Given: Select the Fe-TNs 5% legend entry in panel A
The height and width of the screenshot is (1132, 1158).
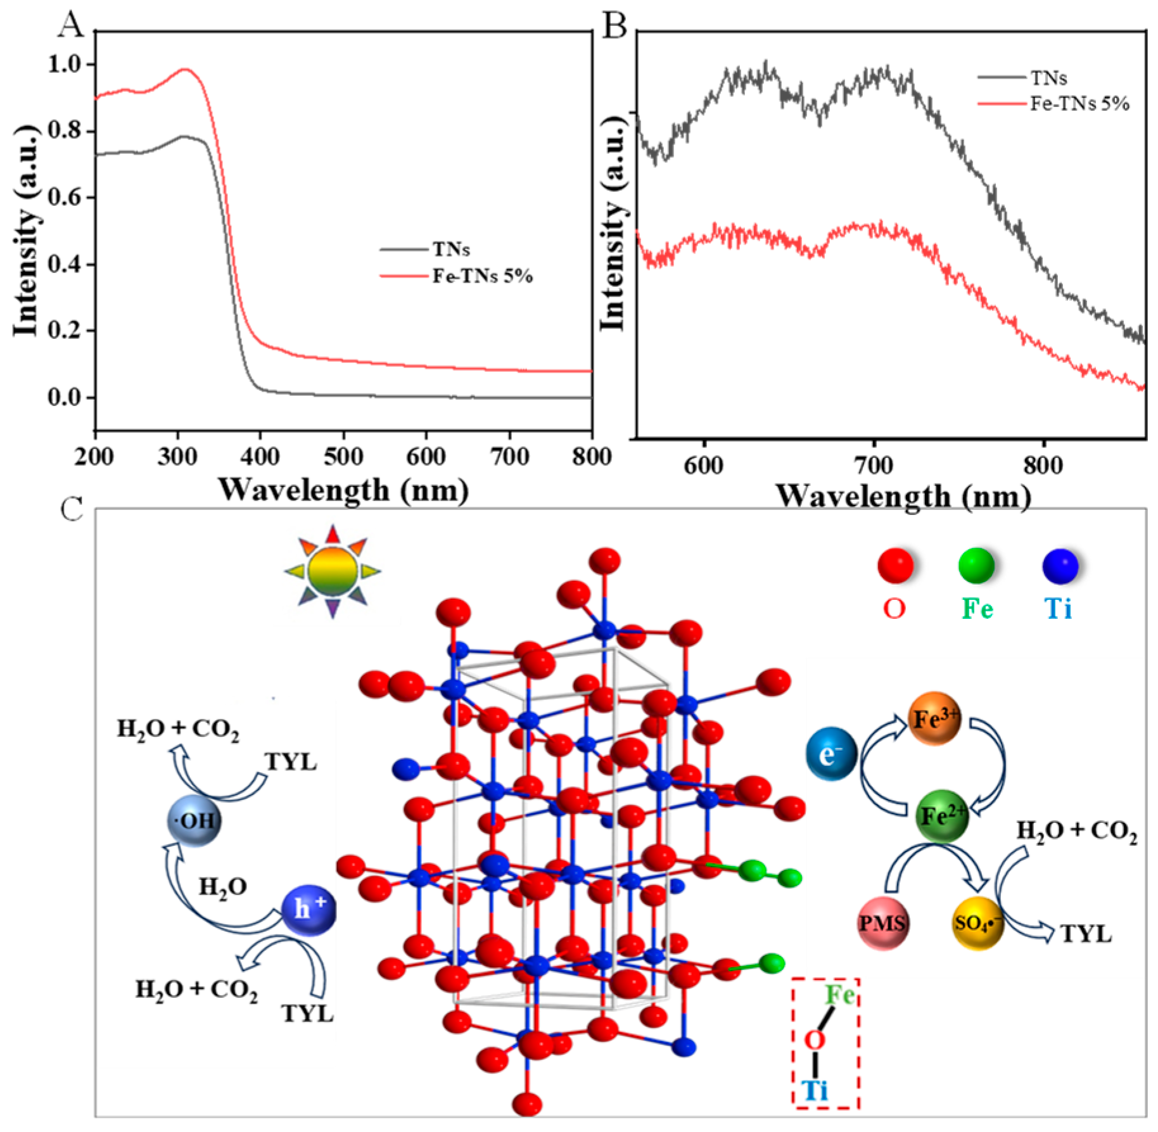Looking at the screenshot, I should (482, 277).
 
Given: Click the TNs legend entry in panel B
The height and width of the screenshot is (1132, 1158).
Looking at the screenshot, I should (1048, 78).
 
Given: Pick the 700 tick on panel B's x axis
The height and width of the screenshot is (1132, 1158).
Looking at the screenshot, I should (874, 466).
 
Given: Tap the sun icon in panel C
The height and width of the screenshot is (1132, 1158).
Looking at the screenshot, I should (333, 571).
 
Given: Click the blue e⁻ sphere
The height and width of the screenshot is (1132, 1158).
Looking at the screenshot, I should (831, 754).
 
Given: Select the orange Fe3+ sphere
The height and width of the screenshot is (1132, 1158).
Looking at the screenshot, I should (934, 719).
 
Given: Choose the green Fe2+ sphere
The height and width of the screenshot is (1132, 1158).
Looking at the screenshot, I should (941, 816).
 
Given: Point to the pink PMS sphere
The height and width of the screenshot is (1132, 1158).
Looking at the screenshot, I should (882, 923).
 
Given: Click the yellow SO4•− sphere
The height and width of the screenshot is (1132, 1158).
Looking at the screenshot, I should (977, 924).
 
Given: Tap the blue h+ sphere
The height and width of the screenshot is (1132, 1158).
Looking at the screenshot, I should (309, 910).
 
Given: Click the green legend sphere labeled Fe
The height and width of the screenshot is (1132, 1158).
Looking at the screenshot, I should (976, 565).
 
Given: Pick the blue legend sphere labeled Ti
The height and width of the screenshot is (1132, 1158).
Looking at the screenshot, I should (1060, 565).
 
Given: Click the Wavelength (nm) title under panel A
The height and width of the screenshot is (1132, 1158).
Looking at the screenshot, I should (343, 490).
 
